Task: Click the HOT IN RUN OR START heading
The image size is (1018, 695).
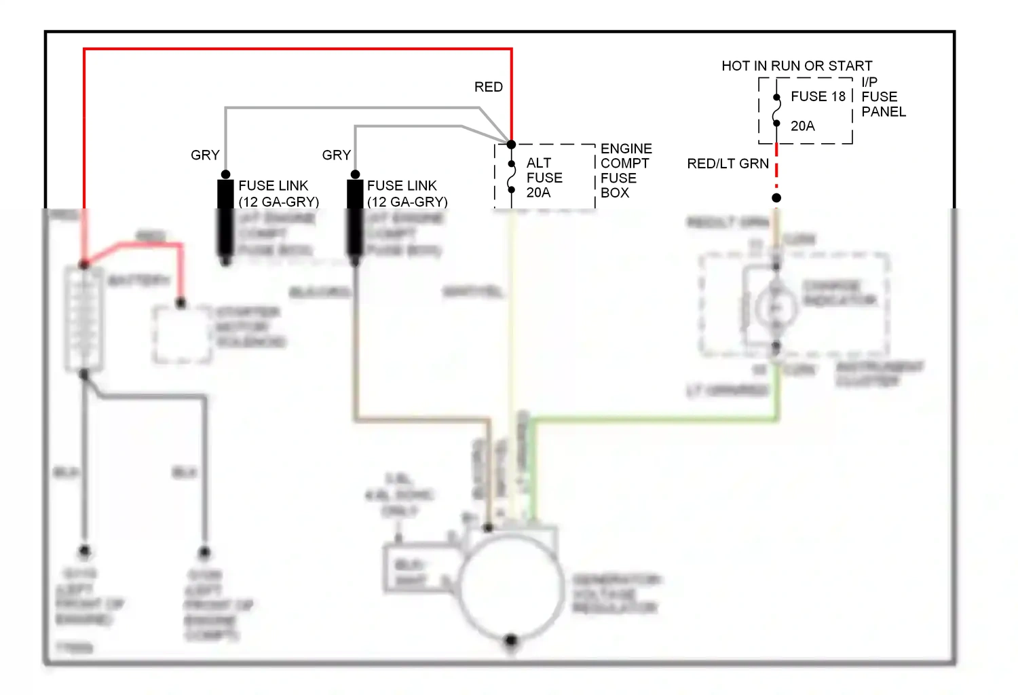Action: pos(797,66)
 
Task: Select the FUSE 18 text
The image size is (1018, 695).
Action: pos(818,96)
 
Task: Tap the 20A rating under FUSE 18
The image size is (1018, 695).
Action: pos(802,126)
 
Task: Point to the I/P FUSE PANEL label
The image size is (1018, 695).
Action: pos(883,97)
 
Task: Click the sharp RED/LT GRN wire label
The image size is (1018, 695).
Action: pos(728,164)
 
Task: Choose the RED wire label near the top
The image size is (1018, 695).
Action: pos(488,87)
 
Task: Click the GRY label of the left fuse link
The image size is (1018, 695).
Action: pos(205,155)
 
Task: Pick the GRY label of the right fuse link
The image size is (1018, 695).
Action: pos(336,155)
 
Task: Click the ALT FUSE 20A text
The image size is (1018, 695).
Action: pos(544,178)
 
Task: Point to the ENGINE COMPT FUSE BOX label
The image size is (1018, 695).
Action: pos(625,170)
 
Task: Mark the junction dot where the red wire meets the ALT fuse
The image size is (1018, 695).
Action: pos(511,145)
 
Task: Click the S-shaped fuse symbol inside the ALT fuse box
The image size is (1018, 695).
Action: pos(512,177)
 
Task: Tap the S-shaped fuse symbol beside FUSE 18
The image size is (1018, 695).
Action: pos(776,111)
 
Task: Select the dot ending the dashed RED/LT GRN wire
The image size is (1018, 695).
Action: pos(776,198)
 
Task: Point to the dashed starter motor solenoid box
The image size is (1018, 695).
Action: pos(181,334)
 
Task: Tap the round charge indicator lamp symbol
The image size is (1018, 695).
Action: pos(776,307)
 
